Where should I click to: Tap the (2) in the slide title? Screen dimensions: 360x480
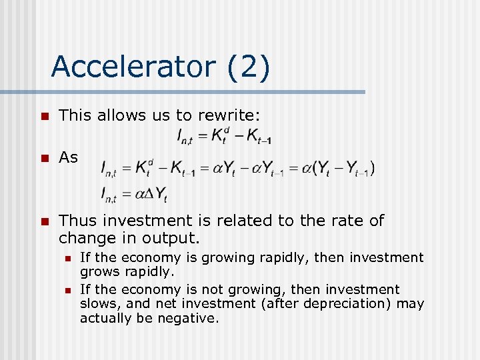[247, 67]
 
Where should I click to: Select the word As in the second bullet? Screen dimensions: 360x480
[68, 157]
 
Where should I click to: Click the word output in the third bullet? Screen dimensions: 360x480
[175, 237]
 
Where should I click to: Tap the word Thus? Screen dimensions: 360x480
[76, 220]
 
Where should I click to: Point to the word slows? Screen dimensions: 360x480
[97, 304]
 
